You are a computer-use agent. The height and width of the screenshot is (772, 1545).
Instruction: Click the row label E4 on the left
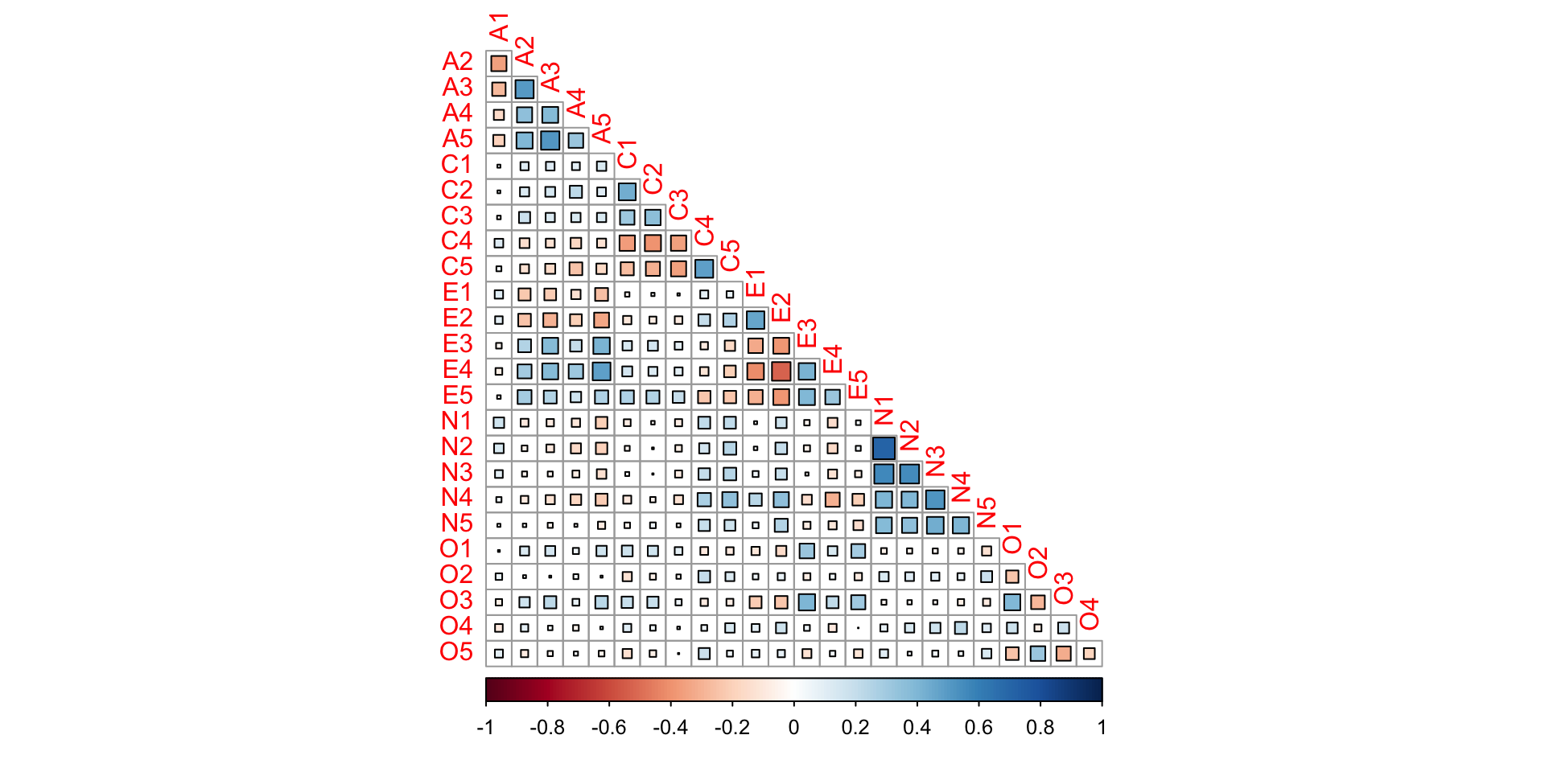pos(457,370)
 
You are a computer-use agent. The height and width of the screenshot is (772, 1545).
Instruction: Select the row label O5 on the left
pos(455,652)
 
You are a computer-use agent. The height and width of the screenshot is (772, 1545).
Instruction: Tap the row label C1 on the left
pos(456,165)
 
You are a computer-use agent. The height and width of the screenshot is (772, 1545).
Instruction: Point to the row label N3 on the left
pos(456,473)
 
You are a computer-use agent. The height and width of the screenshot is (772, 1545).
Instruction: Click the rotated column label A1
pos(500,27)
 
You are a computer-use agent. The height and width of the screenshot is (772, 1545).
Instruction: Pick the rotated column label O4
pos(1090,614)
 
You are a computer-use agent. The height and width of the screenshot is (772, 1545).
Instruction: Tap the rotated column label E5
pos(859,384)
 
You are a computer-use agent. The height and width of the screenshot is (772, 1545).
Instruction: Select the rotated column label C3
pos(679,204)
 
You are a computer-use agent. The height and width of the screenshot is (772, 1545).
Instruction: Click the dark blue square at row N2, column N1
pos(884,448)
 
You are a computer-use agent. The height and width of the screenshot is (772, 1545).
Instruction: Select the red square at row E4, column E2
pos(781,371)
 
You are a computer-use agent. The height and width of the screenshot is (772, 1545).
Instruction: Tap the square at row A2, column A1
pos(499,63)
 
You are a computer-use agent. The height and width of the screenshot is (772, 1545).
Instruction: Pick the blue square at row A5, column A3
pos(550,140)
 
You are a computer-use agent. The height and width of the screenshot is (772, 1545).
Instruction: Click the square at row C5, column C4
pos(704,269)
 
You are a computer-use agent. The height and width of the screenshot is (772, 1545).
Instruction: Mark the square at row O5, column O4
pos(1090,654)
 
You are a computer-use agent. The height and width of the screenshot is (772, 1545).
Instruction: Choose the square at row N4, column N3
pos(935,499)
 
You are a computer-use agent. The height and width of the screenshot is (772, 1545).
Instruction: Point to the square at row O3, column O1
pos(1012,602)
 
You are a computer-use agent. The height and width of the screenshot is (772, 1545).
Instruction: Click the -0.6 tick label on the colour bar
pos(608,728)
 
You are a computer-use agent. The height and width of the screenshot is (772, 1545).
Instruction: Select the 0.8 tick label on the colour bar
pos(1040,728)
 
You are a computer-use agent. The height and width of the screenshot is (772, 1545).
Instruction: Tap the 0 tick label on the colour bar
pos(793,728)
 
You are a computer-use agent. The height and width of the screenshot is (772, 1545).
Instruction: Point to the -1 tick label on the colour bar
pos(485,728)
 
